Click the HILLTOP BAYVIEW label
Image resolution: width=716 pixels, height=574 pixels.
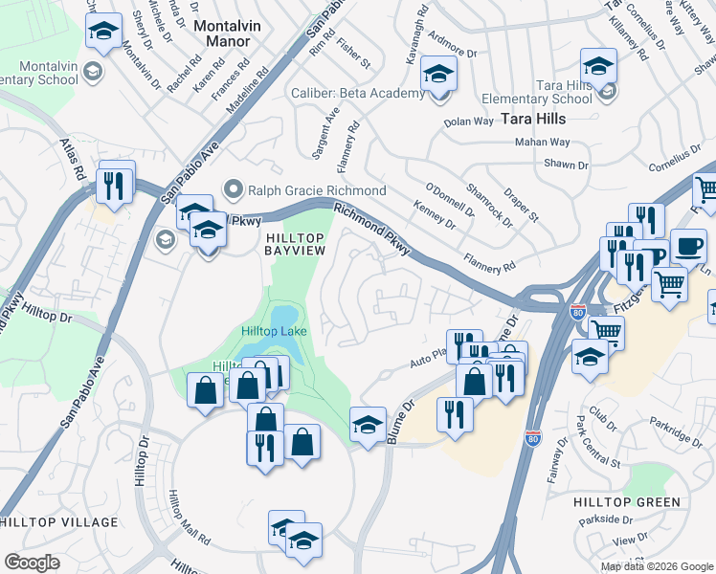coord(296,243)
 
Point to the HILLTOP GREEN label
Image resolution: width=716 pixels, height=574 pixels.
coord(627,502)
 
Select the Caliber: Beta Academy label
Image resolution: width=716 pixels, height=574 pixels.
coord(357,94)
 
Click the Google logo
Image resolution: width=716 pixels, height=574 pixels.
coord(32,563)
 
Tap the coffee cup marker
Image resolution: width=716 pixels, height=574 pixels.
coord(688,247)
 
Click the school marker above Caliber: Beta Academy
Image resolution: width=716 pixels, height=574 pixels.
coord(439,75)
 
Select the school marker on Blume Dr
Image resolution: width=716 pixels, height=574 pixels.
coord(368,425)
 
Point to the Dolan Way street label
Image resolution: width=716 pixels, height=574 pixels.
coord(469,122)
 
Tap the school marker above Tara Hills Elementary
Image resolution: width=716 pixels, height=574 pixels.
coord(597,66)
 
